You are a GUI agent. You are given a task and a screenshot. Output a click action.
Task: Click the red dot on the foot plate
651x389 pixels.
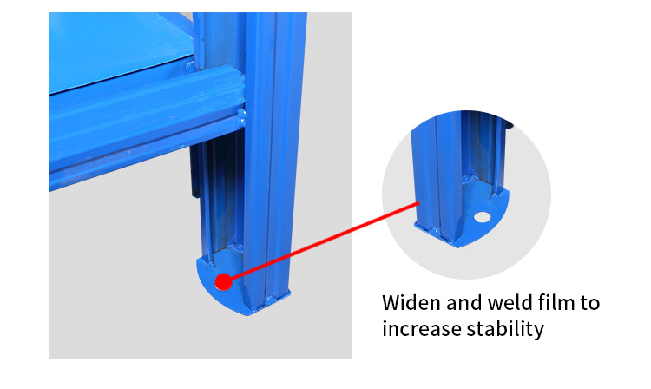224,282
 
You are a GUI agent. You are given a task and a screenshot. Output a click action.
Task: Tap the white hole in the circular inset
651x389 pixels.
482,217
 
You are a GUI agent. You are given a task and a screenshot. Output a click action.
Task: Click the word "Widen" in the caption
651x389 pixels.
411,303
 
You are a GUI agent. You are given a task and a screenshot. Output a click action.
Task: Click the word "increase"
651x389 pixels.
422,329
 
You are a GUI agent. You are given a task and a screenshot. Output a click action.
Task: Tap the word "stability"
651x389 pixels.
505,330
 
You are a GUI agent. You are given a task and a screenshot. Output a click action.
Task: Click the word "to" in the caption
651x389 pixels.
589,303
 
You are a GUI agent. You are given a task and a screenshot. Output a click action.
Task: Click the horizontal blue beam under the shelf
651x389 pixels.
145,124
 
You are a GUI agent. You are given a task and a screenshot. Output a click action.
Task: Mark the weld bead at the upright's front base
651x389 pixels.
269,300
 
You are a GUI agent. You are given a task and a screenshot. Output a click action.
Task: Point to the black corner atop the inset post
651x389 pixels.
510,123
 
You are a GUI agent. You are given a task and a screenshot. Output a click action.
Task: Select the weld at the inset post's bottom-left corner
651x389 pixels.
434,231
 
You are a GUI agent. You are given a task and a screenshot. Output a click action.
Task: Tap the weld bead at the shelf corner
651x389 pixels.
190,66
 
